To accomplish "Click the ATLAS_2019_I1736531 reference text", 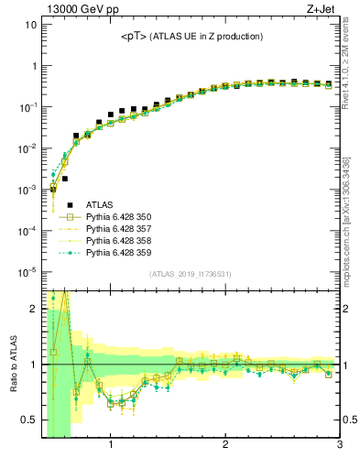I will (191, 273).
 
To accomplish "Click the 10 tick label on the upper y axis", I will (31, 25).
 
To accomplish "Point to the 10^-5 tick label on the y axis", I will (27, 272).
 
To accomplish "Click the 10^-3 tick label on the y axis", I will (27, 190).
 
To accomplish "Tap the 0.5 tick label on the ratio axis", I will (28, 420).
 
